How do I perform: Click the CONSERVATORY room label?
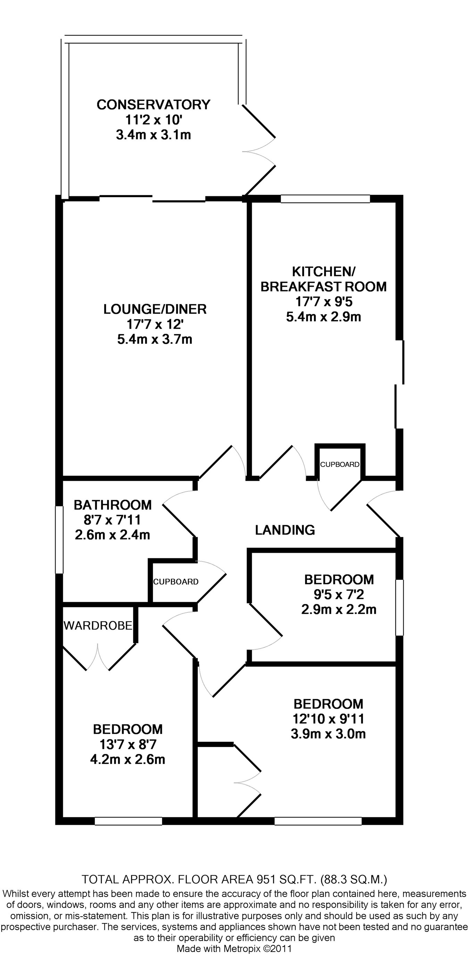click(x=154, y=105)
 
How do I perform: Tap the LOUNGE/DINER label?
click(x=155, y=309)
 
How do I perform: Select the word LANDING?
click(x=285, y=530)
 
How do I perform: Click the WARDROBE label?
click(x=98, y=626)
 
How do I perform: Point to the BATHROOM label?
click(x=113, y=505)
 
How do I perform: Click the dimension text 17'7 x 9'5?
click(x=324, y=301)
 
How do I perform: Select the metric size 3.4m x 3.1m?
click(x=154, y=135)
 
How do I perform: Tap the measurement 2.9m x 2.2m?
click(x=339, y=610)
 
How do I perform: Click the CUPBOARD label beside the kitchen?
click(x=340, y=465)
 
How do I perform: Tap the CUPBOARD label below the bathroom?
click(x=176, y=582)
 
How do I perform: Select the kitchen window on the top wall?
click(x=325, y=199)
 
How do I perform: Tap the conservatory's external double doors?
click(x=259, y=150)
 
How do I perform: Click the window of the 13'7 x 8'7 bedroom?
click(x=128, y=821)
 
